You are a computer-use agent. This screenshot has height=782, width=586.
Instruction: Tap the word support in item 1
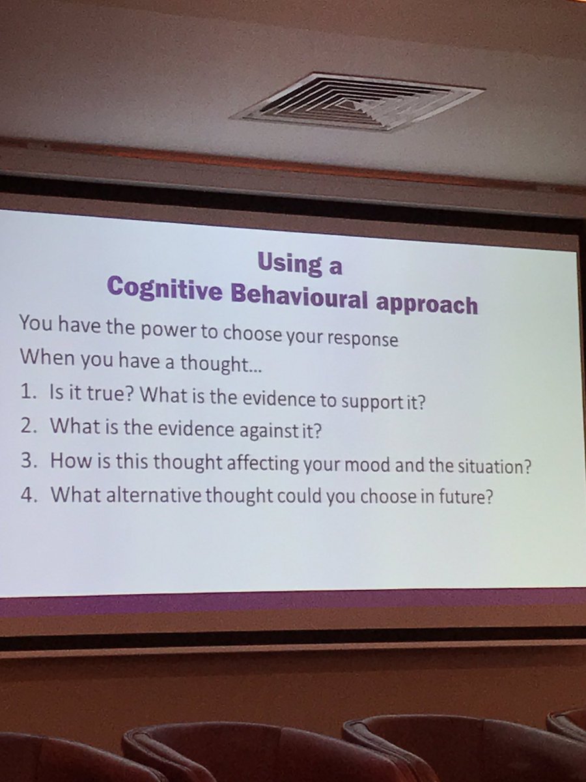(361, 400)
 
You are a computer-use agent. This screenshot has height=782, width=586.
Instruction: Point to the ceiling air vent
(358, 101)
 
